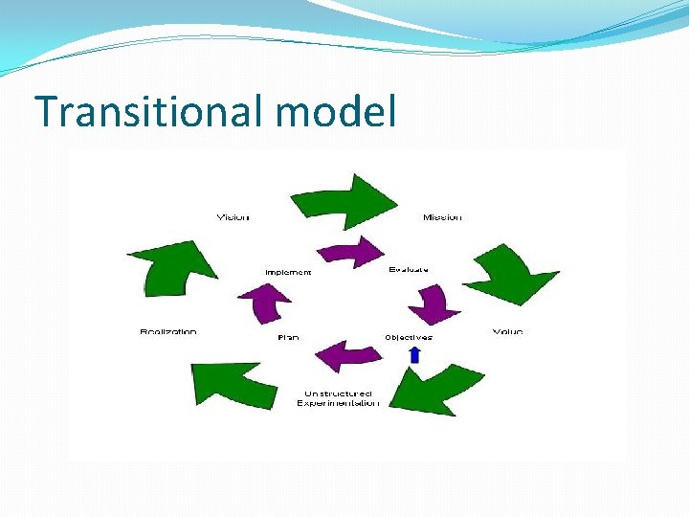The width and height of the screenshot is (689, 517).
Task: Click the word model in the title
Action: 335,112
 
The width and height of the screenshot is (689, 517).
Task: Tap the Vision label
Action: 233,217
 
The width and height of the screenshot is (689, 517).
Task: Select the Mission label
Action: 442,217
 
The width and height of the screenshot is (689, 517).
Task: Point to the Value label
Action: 507,332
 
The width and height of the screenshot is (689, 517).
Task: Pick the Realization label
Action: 168,332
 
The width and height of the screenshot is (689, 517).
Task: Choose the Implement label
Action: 288,273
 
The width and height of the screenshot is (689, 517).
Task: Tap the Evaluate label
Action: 409,270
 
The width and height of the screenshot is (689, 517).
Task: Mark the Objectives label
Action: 409,337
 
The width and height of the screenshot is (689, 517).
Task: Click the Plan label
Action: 288,337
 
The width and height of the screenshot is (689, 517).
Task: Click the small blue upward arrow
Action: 414,354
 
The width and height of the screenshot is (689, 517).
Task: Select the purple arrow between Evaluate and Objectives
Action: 435,304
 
